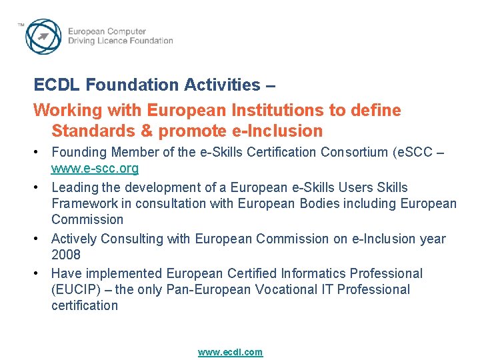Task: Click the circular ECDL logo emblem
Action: tap(44, 36)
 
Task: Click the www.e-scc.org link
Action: tap(95, 168)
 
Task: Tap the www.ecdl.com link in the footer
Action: tap(230, 352)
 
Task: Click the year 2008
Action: tap(66, 255)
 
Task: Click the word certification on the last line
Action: tap(85, 305)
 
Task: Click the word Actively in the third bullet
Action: tap(73, 239)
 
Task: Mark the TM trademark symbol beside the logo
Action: tap(21, 25)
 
